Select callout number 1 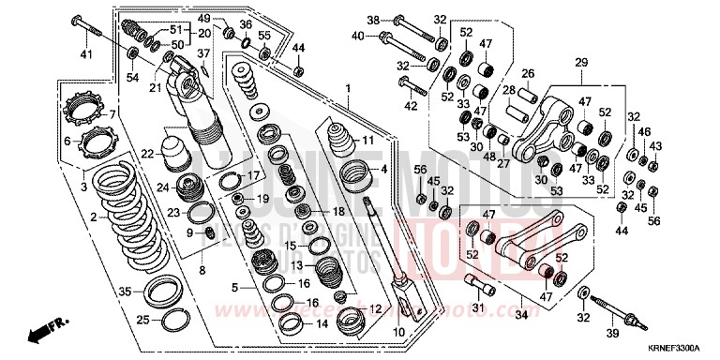pyautogui.click(x=347, y=89)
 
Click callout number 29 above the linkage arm pyautogui.click(x=580, y=63)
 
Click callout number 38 pyautogui.click(x=372, y=20)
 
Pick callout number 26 pyautogui.click(x=528, y=74)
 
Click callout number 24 pyautogui.click(x=162, y=187)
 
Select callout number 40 pyautogui.click(x=356, y=37)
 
